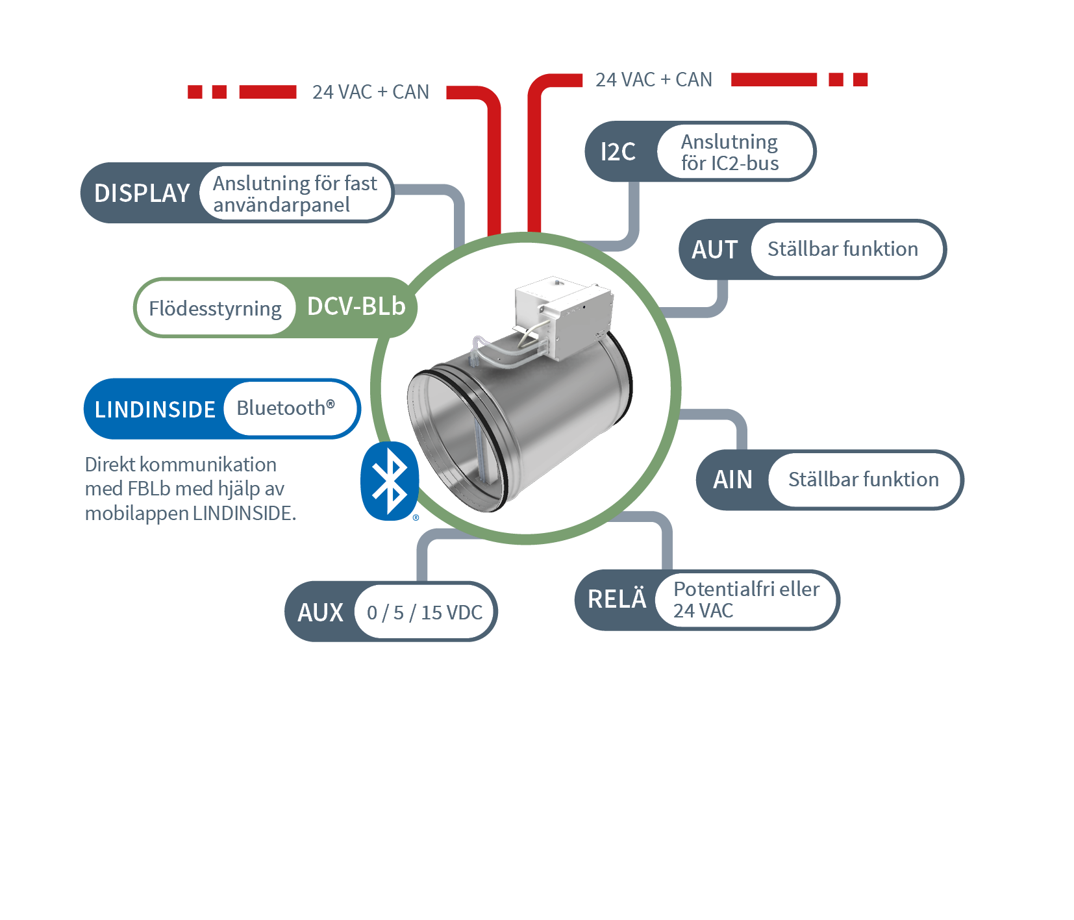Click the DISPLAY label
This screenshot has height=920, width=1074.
pyautogui.click(x=142, y=193)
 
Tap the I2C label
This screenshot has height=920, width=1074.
pyautogui.click(x=618, y=152)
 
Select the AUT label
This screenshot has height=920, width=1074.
pyautogui.click(x=714, y=250)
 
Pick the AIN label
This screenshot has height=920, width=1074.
pyautogui.click(x=732, y=480)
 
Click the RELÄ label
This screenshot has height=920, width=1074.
pyautogui.click(x=616, y=599)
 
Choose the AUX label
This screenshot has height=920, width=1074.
pyautogui.click(x=320, y=612)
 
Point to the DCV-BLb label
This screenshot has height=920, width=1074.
pyautogui.click(x=356, y=306)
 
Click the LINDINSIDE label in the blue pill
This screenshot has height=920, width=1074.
pyautogui.click(x=155, y=410)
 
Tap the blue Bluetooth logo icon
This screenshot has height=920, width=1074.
pyautogui.click(x=390, y=481)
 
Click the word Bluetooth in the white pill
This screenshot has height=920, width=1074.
pyautogui.click(x=281, y=408)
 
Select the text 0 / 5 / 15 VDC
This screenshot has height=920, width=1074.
pyautogui.click(x=425, y=612)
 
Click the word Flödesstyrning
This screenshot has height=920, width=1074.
pyautogui.click(x=215, y=308)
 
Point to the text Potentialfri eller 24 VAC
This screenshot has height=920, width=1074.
pyautogui.click(x=746, y=599)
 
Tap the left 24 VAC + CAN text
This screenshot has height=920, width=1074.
pyautogui.click(x=370, y=92)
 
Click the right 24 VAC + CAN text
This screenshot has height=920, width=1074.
pyautogui.click(x=653, y=80)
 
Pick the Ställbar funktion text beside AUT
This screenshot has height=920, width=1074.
pyautogui.click(x=842, y=249)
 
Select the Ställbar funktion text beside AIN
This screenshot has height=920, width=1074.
pyautogui.click(x=863, y=480)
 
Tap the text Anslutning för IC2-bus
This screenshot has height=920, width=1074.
pyautogui.click(x=729, y=153)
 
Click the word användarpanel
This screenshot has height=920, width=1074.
pyautogui.click(x=281, y=205)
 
